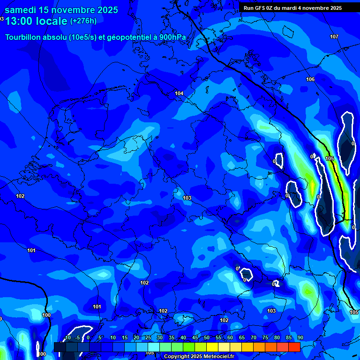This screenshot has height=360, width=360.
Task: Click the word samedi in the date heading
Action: coord(21,10)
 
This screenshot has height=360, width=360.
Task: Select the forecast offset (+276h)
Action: coord(83,21)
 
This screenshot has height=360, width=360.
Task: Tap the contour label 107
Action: coord(334,37)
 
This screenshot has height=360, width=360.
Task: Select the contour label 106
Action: coord(310,79)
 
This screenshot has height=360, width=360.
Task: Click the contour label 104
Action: coord(179,93)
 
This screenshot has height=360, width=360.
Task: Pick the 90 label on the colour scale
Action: coord(300,337)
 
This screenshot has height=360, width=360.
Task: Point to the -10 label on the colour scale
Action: coord(67,337)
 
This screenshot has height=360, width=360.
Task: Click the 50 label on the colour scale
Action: coord(207,337)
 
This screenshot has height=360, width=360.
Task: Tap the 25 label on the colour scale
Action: coord(148,337)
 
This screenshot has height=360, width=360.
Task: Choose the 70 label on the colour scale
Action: coord(254,337)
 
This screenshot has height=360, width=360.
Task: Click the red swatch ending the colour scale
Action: coord(294,347)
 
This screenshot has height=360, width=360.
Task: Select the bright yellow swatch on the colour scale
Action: coord(212,347)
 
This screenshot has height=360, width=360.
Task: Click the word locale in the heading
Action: coord(51,21)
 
